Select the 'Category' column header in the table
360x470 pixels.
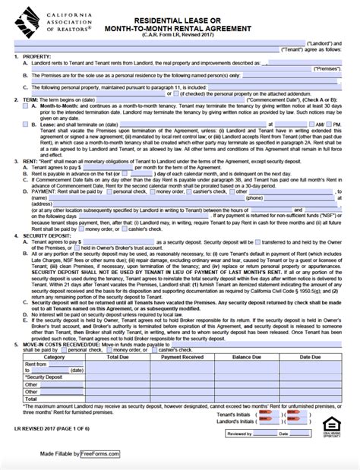pyautogui.click(x=54, y=356)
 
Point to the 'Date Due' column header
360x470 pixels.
pyautogui.click(x=310, y=356)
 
